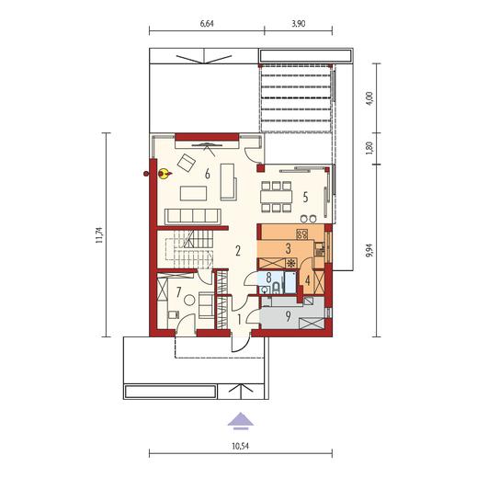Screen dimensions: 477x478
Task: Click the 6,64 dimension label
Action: pyautogui.click(x=207, y=24)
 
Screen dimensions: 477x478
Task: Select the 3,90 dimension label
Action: pyautogui.click(x=299, y=24)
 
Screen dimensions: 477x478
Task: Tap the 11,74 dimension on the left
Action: pyautogui.click(x=99, y=234)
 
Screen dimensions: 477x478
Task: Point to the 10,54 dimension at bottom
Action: pyautogui.click(x=241, y=446)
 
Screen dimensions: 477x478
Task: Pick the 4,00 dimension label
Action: pyautogui.click(x=370, y=98)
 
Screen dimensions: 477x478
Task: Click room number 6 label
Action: pyautogui.click(x=208, y=174)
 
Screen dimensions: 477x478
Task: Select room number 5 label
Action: pyautogui.click(x=305, y=198)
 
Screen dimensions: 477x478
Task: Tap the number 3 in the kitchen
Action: pyautogui.click(x=288, y=249)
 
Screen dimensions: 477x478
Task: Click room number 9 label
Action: pyautogui.click(x=288, y=317)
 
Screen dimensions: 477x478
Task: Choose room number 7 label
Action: pyautogui.click(x=179, y=292)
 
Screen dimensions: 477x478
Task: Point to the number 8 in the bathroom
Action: pyautogui.click(x=268, y=278)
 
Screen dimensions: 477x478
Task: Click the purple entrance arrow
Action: pyautogui.click(x=241, y=421)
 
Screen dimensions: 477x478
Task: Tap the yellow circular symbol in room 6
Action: pyautogui.click(x=164, y=174)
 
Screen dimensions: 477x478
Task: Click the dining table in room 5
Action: pyautogui.click(x=276, y=197)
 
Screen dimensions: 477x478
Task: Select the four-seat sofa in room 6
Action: pyautogui.click(x=193, y=216)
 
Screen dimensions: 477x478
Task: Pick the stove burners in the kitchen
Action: pyautogui.click(x=301, y=234)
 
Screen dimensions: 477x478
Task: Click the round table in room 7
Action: pyautogui.click(x=189, y=300)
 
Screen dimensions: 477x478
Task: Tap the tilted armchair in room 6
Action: pyautogui.click(x=187, y=163)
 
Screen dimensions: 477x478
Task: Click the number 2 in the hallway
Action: pyautogui.click(x=238, y=251)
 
